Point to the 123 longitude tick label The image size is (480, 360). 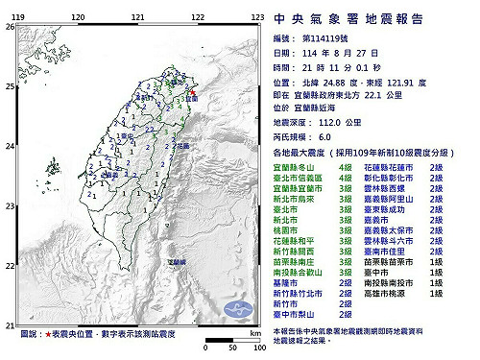pyautogui.click(x=257, y=17)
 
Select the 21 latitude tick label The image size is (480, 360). pyautogui.click(x=9, y=324)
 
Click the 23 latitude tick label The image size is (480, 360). pyautogui.click(x=9, y=205)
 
